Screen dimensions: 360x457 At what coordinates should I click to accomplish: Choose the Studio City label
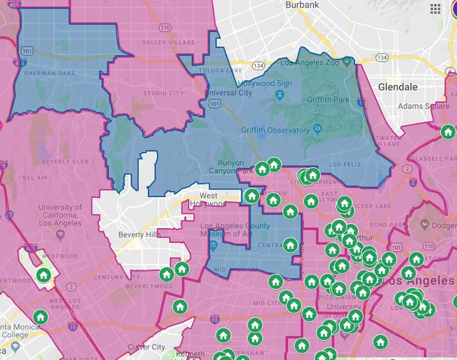pos(164,94)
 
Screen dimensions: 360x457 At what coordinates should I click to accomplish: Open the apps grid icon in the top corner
pos(436,8)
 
